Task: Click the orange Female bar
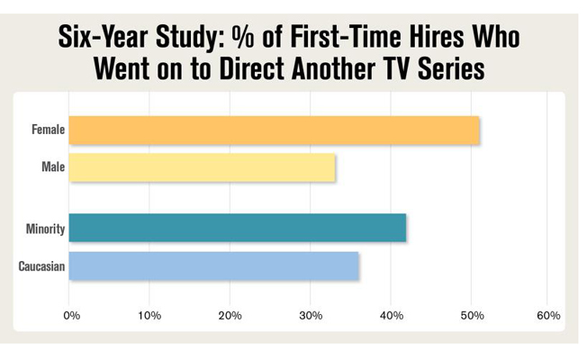(274, 130)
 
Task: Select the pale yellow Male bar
(202, 167)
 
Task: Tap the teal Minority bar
(238, 228)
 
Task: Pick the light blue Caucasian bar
(213, 266)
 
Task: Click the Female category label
(49, 130)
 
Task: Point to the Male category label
(53, 166)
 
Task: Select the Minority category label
(45, 229)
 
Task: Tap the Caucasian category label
(41, 266)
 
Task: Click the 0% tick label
(71, 316)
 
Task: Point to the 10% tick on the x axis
(149, 316)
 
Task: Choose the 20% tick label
(230, 316)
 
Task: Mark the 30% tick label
(311, 316)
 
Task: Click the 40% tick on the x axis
(392, 316)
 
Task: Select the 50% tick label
(472, 316)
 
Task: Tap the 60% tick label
(548, 316)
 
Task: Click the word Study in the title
(190, 38)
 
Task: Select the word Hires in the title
(436, 37)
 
